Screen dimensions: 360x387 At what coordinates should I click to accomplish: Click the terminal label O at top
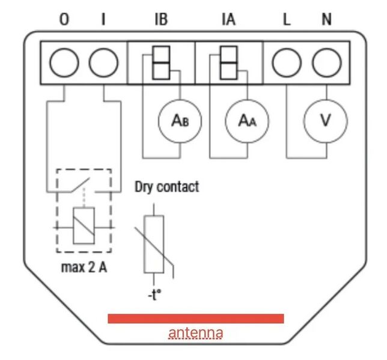tap(64, 19)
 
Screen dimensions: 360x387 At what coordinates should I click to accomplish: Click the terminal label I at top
tap(103, 19)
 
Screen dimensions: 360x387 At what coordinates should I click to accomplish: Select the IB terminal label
tap(161, 19)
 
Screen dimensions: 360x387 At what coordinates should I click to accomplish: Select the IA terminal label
tap(228, 19)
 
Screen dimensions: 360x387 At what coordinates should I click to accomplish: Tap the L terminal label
tap(287, 19)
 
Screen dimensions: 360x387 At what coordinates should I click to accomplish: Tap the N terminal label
tap(326, 19)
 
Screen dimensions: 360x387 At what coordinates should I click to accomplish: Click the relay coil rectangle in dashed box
tap(83, 227)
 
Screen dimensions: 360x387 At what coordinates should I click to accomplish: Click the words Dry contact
tap(166, 187)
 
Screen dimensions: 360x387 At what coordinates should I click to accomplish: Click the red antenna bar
tap(195, 319)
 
